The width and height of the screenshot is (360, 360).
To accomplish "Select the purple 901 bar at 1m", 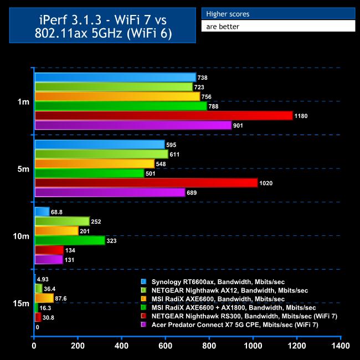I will point(133,125).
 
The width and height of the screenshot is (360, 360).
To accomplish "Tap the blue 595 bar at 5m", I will point(100,145).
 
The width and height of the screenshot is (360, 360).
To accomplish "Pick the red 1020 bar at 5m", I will point(146,183).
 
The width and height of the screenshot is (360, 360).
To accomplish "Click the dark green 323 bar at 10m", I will point(70,240).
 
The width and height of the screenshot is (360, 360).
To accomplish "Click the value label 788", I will point(214,106).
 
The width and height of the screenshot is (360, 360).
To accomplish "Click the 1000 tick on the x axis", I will point(254,347).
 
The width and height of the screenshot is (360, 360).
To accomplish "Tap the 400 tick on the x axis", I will point(122,347).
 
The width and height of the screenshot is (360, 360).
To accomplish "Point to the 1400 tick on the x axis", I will point(341,347).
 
